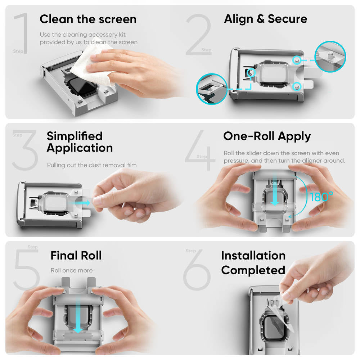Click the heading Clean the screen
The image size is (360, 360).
coord(88,19)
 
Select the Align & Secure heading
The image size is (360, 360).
coord(266,19)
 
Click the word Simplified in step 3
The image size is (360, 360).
coord(75,136)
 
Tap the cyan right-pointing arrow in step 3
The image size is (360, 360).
coord(84,203)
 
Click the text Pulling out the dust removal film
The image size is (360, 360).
coord(92,165)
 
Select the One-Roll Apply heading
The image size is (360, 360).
coord(267,136)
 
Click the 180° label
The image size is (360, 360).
coord(321,197)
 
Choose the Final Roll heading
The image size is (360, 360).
coord(76,255)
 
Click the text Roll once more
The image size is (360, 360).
coord(72,270)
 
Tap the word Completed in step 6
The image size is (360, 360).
coord(253,270)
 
